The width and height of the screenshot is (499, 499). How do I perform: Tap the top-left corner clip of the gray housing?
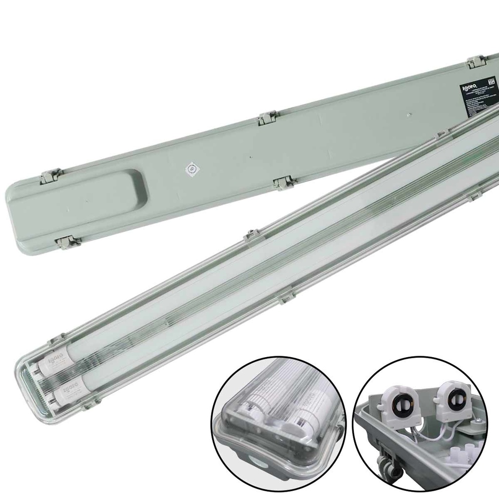coord(51,175)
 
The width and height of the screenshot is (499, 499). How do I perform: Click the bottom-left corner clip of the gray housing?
coord(68,242)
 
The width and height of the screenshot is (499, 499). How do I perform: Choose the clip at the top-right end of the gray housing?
coord(477,62)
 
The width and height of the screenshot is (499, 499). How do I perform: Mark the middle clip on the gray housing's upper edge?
coord(268,117)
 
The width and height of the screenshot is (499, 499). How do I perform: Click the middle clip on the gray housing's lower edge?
coord(285,183)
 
